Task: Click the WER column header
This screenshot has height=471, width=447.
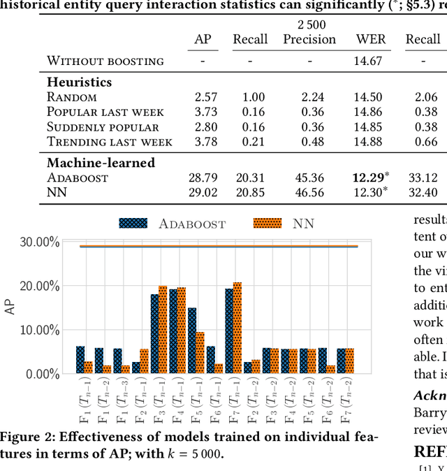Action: (x=370, y=39)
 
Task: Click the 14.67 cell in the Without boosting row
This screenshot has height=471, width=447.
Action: (x=370, y=61)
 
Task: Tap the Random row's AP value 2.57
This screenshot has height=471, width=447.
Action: (x=203, y=97)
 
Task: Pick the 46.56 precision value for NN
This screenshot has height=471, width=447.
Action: (x=309, y=192)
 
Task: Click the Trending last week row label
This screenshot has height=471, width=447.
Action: (x=110, y=142)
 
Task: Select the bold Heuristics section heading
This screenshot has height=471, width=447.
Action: (x=79, y=82)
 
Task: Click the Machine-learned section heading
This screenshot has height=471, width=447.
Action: (x=101, y=162)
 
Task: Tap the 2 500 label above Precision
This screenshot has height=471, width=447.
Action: (x=309, y=24)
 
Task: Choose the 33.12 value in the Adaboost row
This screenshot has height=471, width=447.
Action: (x=423, y=177)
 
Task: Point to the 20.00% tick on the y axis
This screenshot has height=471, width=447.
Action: (x=39, y=286)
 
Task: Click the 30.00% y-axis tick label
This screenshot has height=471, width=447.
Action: (x=39, y=242)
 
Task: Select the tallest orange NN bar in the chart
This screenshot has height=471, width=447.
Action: (x=237, y=328)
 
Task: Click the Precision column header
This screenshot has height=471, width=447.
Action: (x=309, y=39)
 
